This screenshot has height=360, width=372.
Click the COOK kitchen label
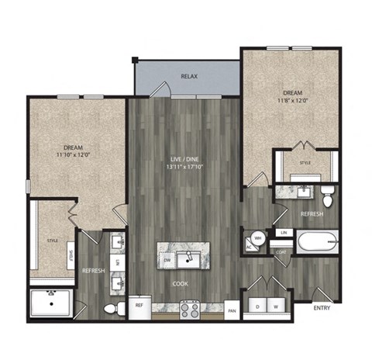(181, 283)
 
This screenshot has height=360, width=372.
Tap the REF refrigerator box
(139, 306)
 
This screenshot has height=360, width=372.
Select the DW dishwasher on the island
(167, 261)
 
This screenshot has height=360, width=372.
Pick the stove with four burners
(190, 308)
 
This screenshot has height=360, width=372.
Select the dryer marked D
(257, 306)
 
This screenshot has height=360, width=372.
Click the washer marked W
(275, 306)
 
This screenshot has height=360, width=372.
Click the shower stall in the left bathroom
(51, 303)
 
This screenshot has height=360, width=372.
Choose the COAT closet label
(280, 251)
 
